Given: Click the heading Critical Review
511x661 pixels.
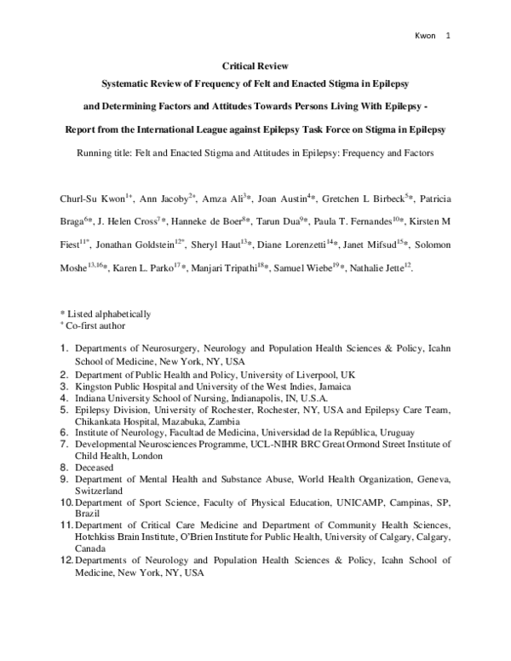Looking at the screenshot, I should pyautogui.click(x=255, y=65).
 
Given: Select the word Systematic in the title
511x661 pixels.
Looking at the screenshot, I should pyautogui.click(x=127, y=85).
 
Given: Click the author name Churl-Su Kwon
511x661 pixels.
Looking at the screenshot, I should pyautogui.click(x=91, y=198).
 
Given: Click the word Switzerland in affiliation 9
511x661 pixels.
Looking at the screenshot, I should pyautogui.click(x=101, y=491).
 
